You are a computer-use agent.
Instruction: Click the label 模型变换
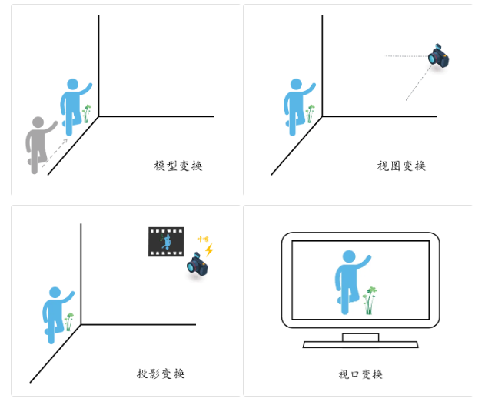[x=178, y=166]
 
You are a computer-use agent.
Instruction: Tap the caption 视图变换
[x=401, y=166]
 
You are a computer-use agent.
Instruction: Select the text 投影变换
[x=161, y=374]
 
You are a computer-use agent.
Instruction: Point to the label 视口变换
[x=360, y=374]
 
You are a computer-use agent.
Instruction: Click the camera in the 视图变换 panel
[x=438, y=56]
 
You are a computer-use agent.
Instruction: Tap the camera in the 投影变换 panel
[x=198, y=266]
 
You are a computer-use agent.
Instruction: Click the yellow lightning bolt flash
[x=208, y=250]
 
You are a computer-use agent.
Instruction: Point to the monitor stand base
[x=360, y=343]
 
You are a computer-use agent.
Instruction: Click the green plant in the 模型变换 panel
[x=87, y=114]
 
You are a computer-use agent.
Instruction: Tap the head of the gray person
[x=36, y=123]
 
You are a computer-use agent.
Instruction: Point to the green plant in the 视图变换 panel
[x=311, y=114]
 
